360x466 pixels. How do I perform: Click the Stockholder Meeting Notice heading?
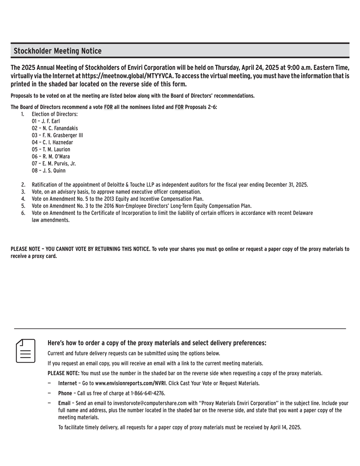click(x=58, y=51)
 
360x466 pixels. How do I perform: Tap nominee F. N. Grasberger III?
click(x=58, y=135)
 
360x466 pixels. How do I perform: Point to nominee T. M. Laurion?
click(x=51, y=149)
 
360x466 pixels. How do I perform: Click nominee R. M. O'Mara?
click(x=51, y=156)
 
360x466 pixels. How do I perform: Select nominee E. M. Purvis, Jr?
click(x=54, y=163)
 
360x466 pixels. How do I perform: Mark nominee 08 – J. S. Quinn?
click(x=49, y=170)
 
